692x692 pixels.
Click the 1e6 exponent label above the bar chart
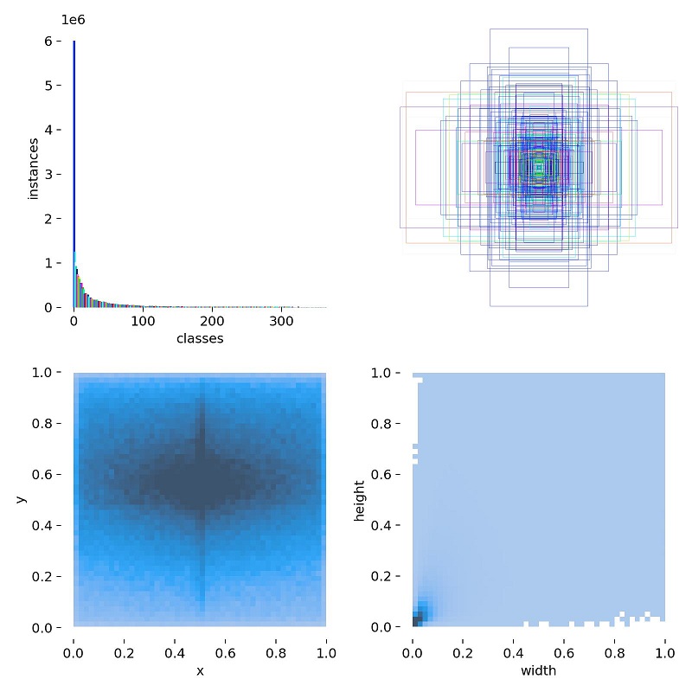tap(72, 20)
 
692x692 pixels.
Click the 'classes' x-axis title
tap(200, 338)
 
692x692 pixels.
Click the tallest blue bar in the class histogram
tap(74, 173)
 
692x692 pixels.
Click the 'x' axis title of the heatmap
tap(200, 670)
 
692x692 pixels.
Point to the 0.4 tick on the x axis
tap(175, 646)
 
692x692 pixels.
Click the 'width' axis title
tap(539, 670)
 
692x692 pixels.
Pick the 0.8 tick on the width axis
tap(615, 646)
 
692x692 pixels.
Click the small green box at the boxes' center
tap(539, 167)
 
